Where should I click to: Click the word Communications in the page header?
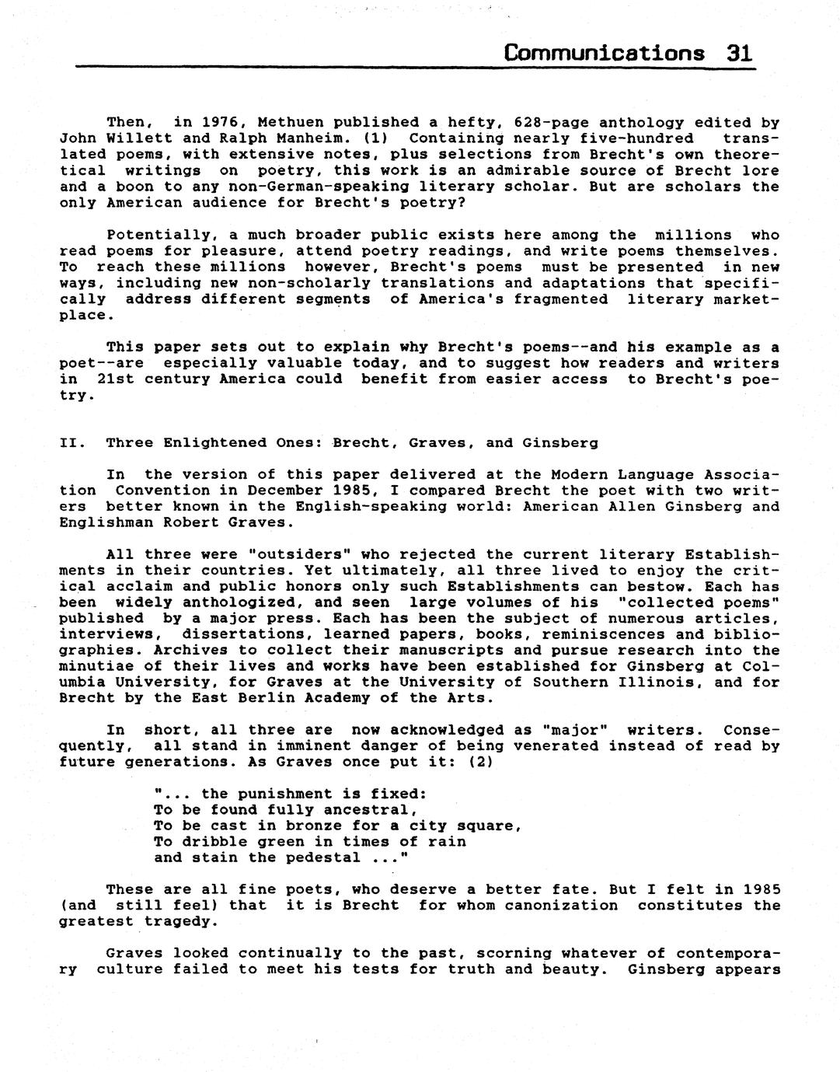604,53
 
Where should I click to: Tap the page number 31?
739,53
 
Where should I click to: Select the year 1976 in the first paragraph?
220,123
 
